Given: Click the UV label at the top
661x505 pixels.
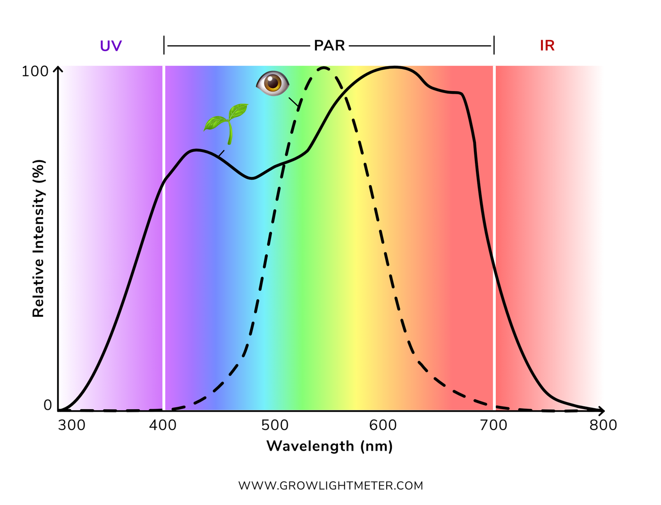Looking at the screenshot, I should click(x=111, y=46).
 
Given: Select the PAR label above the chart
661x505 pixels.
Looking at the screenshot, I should click(x=330, y=46).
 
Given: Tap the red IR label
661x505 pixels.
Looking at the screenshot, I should click(x=547, y=46).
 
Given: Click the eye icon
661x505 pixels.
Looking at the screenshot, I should click(x=272, y=83).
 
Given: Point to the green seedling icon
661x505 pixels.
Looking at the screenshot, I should click(x=227, y=122).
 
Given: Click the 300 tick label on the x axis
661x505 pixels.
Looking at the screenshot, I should click(x=72, y=425).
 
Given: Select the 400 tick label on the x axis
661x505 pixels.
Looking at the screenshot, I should click(x=163, y=425).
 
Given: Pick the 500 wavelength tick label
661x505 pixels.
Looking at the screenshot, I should click(x=275, y=425).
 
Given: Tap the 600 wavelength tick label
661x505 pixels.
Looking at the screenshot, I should click(x=382, y=425).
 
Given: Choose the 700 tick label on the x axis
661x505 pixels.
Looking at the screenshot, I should click(x=493, y=425).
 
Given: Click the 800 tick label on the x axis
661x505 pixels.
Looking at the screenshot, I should click(x=603, y=425).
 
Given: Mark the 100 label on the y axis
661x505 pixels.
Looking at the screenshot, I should click(x=35, y=72).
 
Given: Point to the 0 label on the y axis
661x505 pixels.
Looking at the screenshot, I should click(x=48, y=405).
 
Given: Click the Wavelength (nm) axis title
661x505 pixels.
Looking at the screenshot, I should click(x=330, y=446).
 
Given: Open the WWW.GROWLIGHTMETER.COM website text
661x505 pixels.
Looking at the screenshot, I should click(x=330, y=486).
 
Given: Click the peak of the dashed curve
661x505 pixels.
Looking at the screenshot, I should click(x=324, y=68).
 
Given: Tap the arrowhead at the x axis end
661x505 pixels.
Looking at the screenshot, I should click(x=602, y=411).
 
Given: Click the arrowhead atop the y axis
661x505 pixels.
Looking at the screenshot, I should click(x=58, y=69).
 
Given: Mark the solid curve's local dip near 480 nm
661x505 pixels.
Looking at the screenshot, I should click(x=253, y=178).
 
